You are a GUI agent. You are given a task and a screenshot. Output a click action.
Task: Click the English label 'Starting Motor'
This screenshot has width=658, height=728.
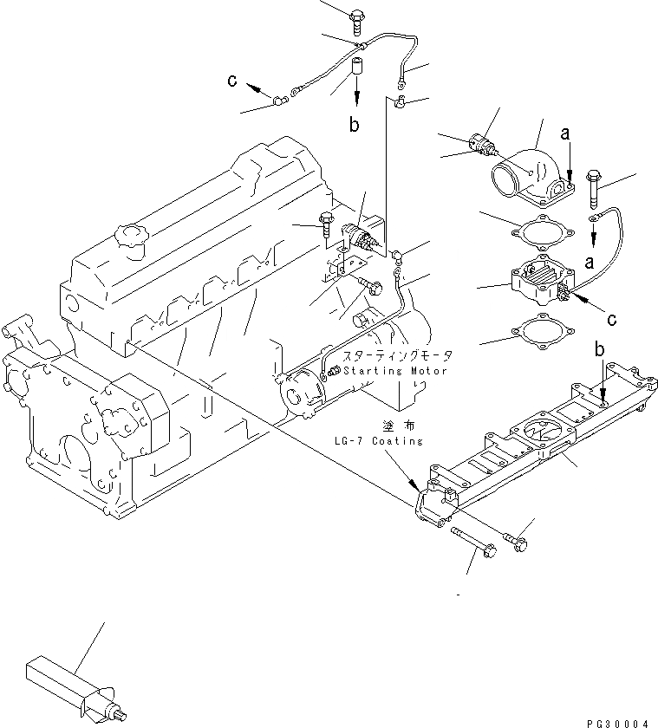(394, 371)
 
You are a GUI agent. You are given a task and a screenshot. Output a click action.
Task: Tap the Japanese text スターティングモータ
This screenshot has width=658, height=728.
(398, 356)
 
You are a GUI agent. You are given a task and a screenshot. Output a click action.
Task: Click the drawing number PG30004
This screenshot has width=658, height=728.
(617, 721)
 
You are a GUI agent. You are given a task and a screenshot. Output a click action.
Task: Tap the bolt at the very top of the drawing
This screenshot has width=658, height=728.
(357, 16)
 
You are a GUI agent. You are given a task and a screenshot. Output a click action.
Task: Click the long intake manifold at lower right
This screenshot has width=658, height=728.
(537, 442)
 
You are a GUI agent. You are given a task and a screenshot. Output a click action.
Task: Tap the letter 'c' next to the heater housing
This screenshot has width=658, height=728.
(611, 320)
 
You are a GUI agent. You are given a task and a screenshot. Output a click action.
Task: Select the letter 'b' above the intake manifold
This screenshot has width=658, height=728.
(599, 350)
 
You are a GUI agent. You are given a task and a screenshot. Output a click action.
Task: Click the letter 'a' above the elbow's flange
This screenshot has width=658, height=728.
(565, 133)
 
